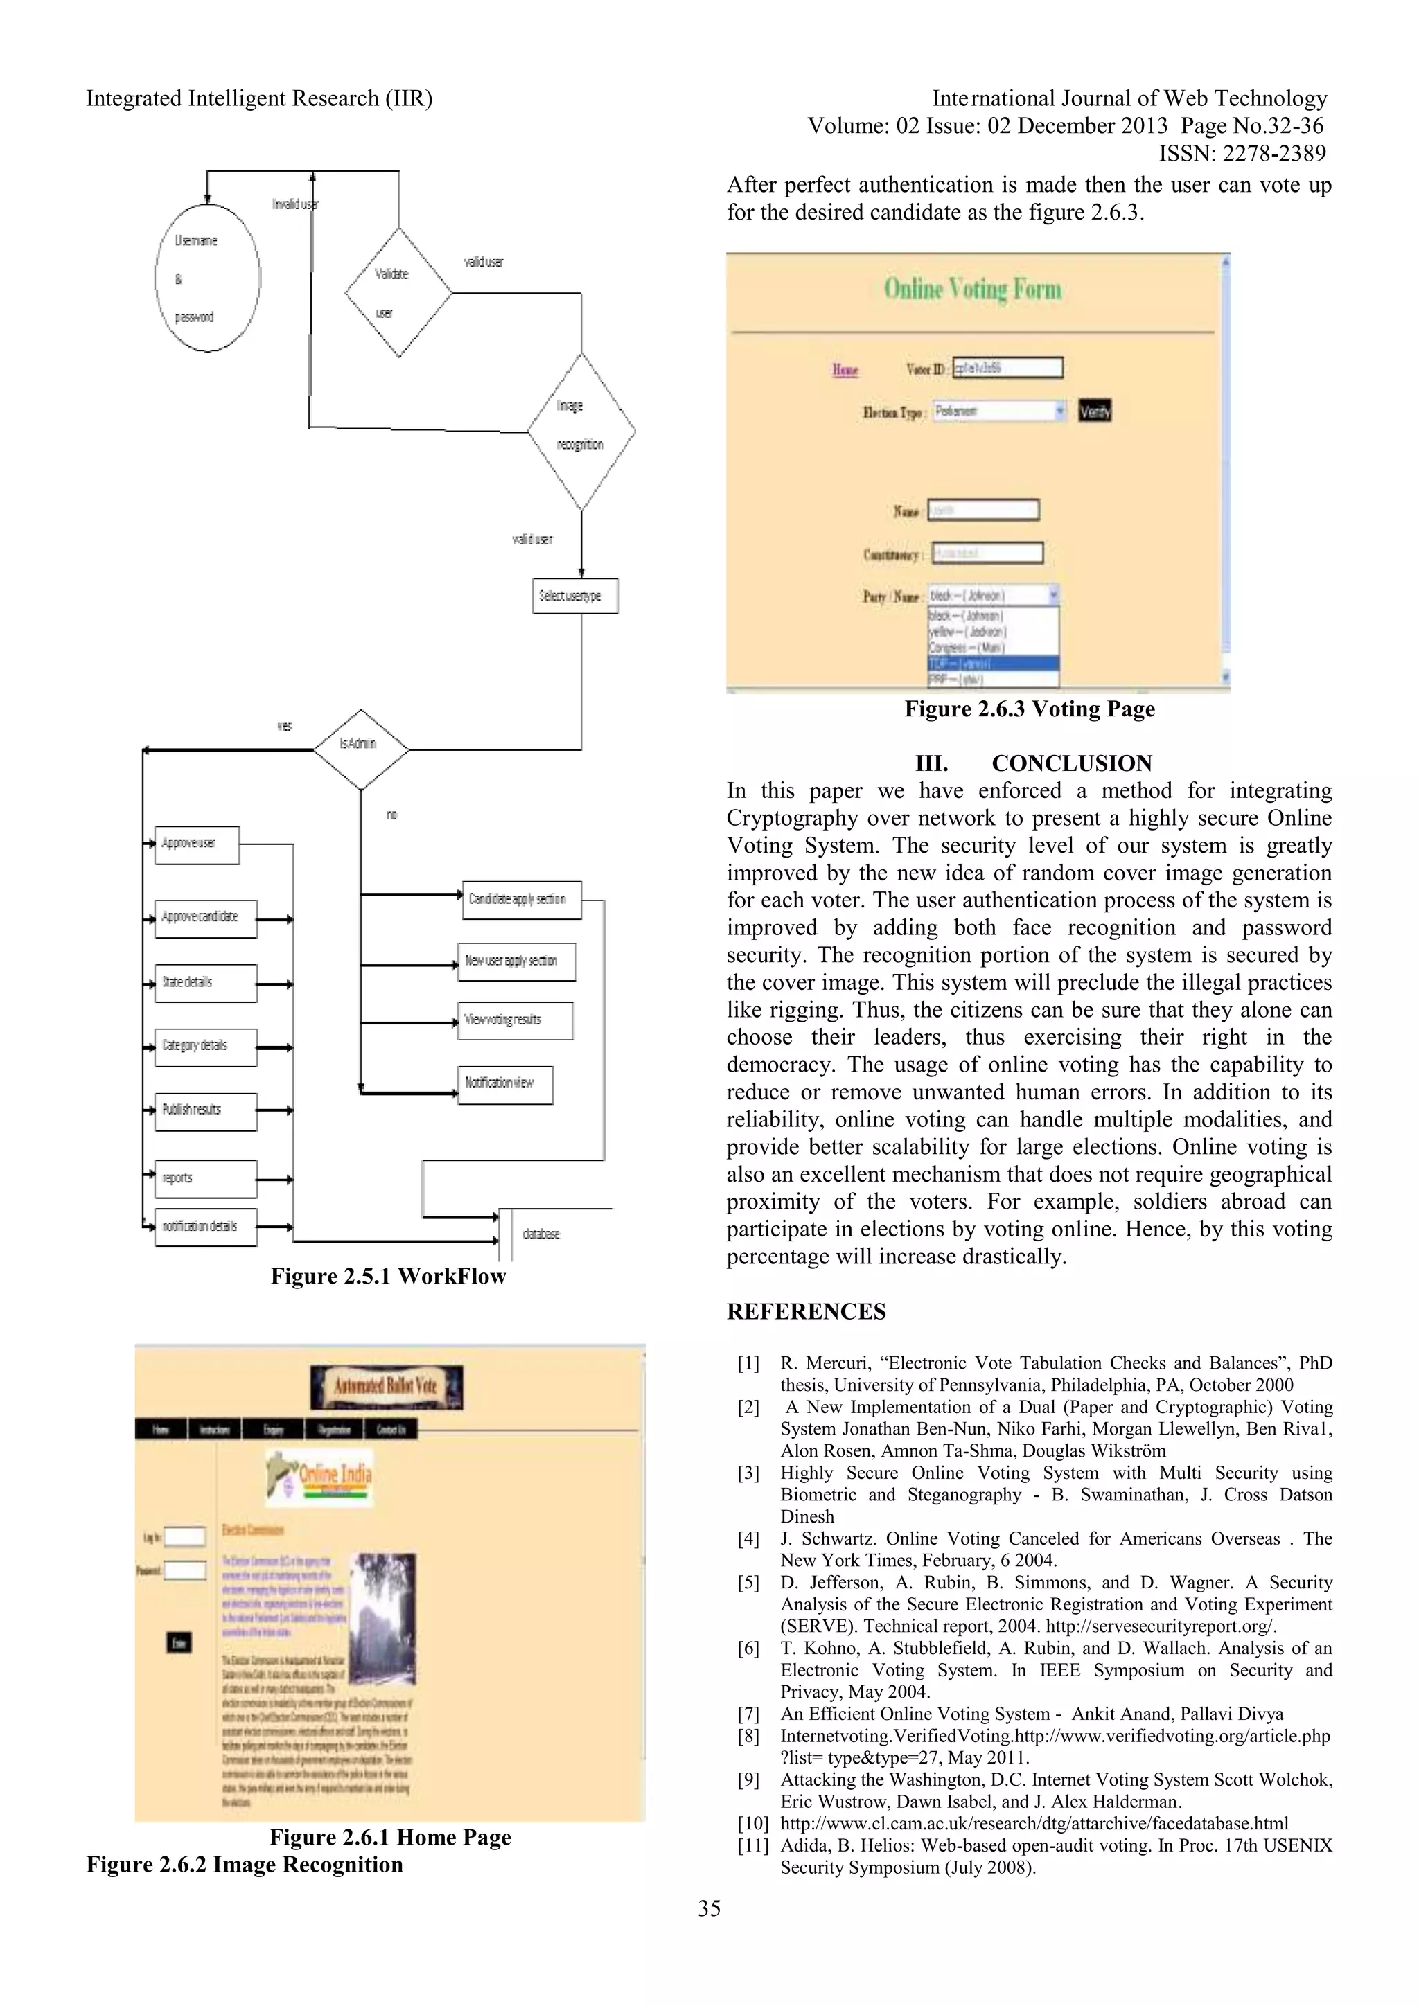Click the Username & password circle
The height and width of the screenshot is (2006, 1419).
coord(207,278)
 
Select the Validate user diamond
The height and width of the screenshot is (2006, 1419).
coord(398,293)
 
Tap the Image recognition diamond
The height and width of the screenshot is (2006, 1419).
coord(581,431)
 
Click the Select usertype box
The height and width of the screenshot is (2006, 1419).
coord(575,596)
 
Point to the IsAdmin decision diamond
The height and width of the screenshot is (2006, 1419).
coord(361,749)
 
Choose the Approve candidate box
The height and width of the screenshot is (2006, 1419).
coord(205,918)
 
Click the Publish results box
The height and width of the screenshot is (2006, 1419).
coord(205,1111)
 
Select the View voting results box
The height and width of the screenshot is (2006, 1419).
coord(515,1020)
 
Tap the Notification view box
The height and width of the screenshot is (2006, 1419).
coord(504,1084)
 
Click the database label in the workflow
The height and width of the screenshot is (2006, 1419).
coord(541,1234)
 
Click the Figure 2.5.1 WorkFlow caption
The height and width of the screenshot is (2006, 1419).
coord(388,1277)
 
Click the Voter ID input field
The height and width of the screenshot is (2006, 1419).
coord(1007,368)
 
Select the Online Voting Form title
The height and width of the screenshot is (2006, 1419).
coord(973,289)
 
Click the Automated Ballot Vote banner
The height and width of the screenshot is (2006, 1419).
coord(386,1387)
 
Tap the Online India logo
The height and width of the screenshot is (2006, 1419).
coord(320,1477)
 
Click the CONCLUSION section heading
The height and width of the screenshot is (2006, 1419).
coord(1071,763)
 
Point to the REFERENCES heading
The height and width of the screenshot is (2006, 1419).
coord(806,1311)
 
